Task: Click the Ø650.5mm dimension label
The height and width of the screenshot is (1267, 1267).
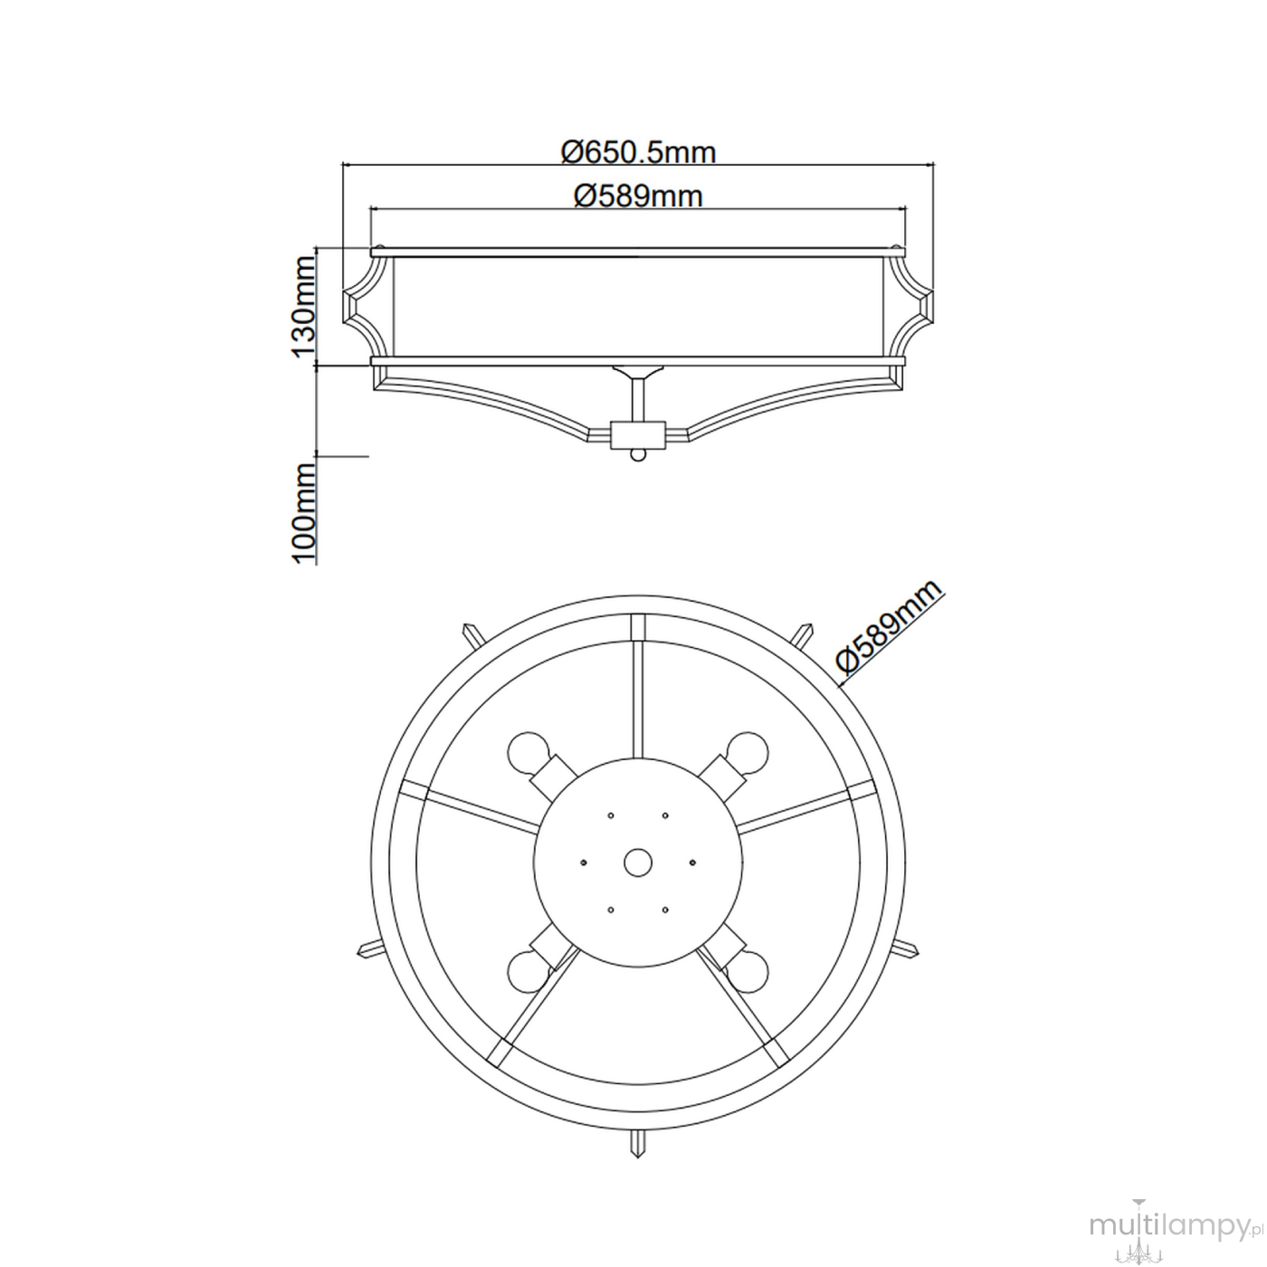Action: (x=638, y=153)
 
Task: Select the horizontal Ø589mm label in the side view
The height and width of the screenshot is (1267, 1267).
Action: (x=638, y=196)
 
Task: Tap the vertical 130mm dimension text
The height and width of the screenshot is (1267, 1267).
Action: (x=303, y=307)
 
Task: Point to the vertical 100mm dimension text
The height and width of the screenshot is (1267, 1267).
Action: (x=303, y=512)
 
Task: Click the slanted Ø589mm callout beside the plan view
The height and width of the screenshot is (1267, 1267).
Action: (x=891, y=627)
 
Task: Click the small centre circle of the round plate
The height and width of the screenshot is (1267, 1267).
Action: (x=637, y=862)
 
